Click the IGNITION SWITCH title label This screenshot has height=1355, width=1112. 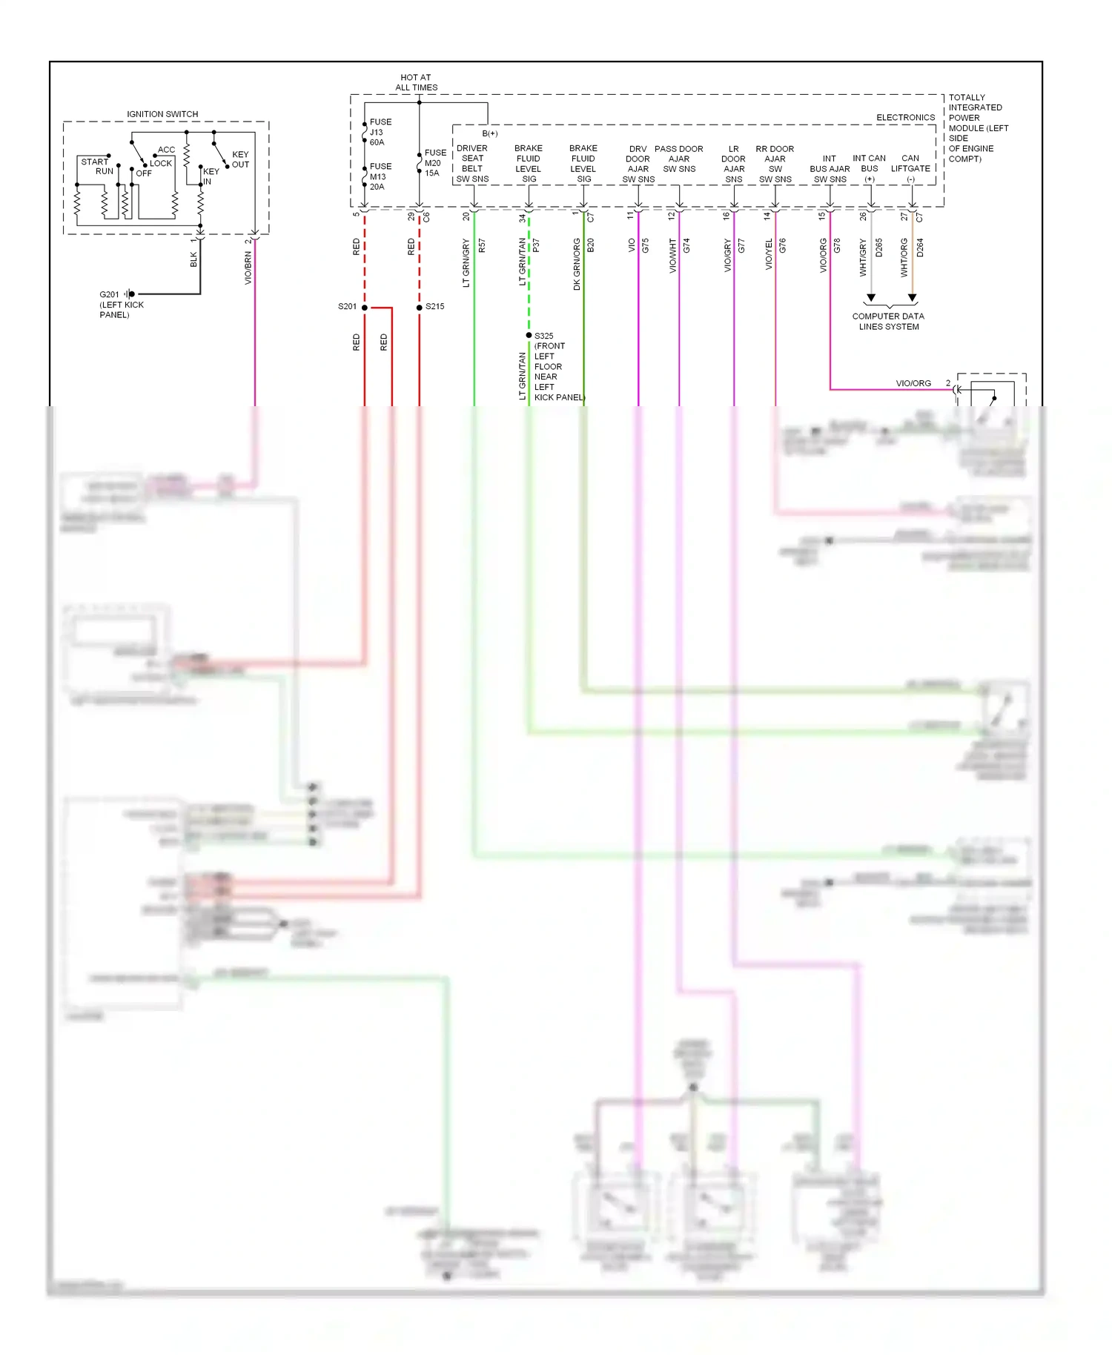pos(162,114)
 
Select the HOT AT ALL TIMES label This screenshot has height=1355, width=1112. pos(416,82)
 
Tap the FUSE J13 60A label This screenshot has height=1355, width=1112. pos(380,132)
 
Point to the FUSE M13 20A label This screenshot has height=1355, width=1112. pos(380,176)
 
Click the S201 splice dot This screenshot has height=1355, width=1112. pos(365,307)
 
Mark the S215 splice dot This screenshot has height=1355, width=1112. pos(420,307)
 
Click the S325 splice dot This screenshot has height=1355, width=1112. pos(529,335)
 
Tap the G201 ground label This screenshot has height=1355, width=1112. pos(109,294)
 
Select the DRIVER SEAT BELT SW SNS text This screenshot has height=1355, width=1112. pos(472,164)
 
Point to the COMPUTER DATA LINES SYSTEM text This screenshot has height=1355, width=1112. pos(888,321)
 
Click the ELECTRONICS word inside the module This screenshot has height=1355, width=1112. pos(905,118)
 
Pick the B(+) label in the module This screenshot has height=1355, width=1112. pos(490,133)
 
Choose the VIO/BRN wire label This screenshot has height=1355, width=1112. pos(248,268)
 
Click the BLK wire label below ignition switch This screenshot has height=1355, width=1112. pos(194,259)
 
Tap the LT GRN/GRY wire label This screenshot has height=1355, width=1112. pos(466,262)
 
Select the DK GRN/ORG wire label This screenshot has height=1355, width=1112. pos(577,264)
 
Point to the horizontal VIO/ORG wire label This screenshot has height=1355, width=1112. pos(913,383)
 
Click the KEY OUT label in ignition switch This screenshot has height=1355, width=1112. pos(240,159)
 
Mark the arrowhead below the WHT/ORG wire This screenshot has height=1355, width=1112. pos(913,298)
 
